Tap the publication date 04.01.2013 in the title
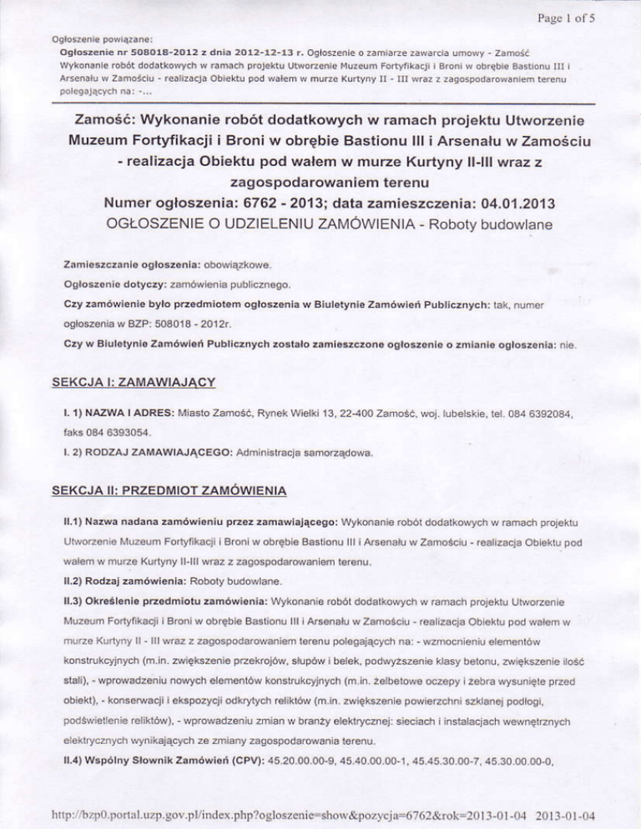[474, 204]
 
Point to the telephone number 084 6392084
[535, 413]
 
